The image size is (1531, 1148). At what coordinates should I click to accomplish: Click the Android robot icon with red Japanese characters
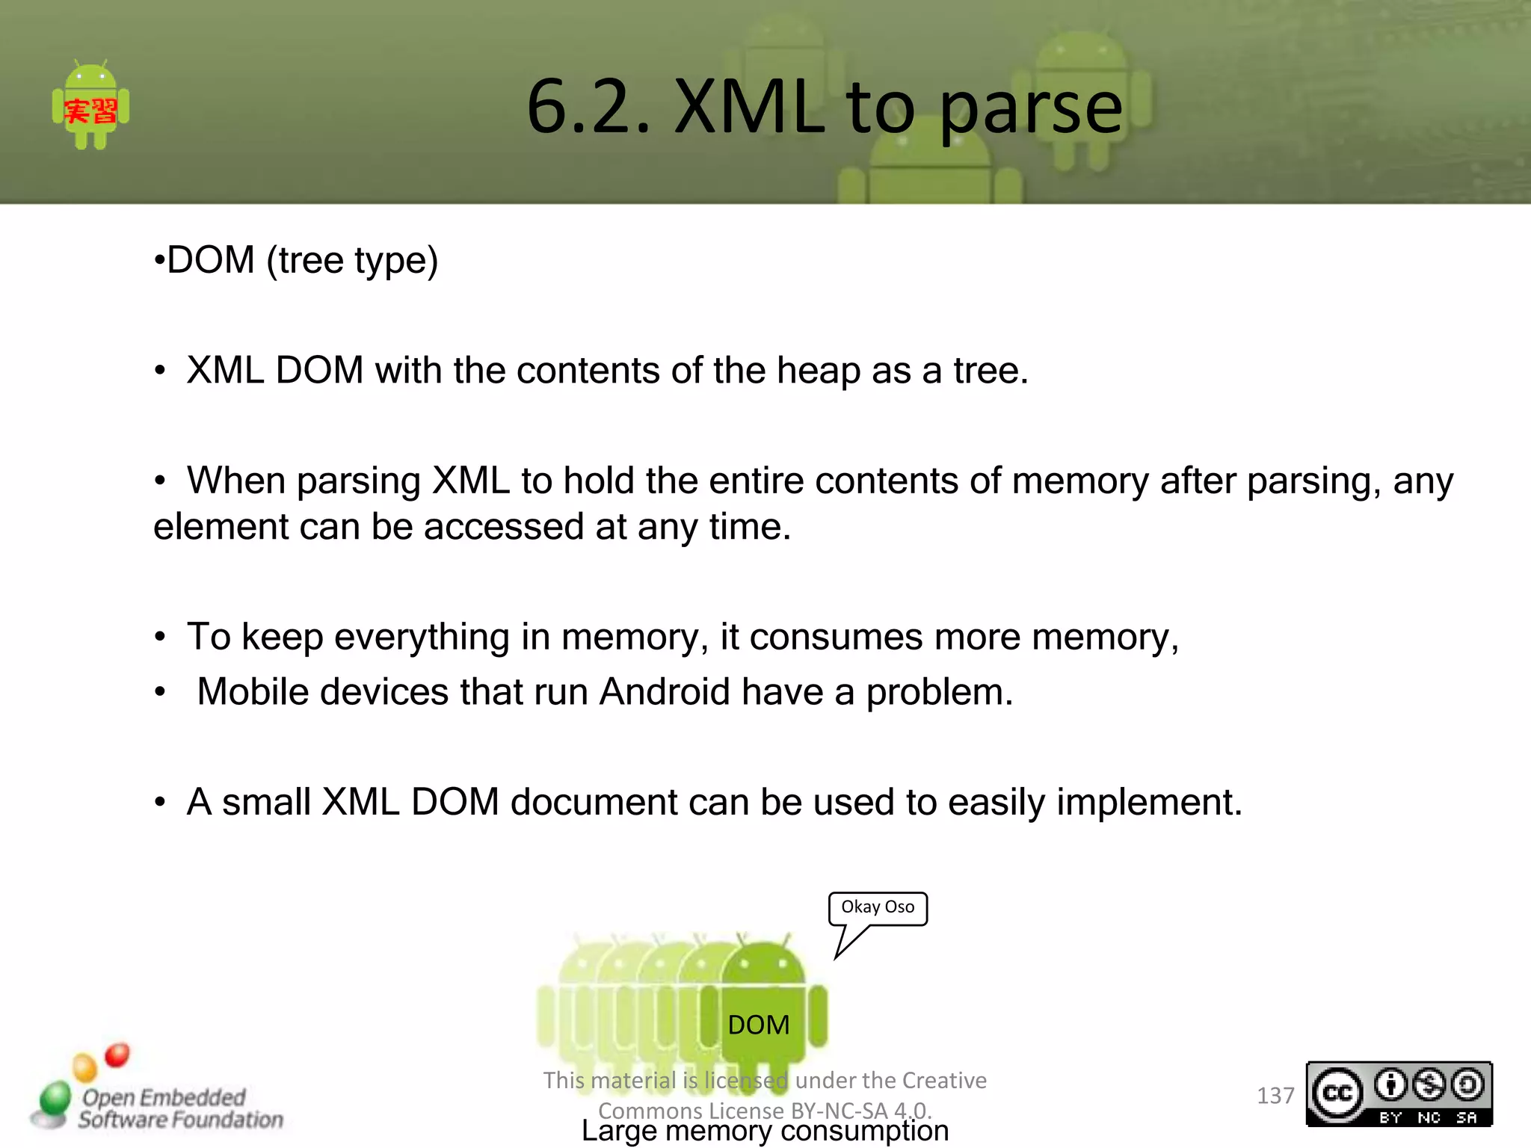tap(90, 105)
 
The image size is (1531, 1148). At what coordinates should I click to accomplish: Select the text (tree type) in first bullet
tap(352, 261)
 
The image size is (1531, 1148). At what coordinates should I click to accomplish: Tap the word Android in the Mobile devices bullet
tap(665, 692)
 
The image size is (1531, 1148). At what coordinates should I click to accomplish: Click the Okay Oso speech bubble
tap(878, 907)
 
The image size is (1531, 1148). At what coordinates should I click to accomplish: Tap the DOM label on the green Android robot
tap(758, 1025)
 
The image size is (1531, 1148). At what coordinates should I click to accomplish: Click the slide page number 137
tap(1275, 1096)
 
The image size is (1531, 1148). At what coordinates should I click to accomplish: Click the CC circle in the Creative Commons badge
tap(1337, 1094)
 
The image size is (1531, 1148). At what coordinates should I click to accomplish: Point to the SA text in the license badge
tap(1466, 1118)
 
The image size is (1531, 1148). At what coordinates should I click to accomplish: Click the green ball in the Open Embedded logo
tap(55, 1099)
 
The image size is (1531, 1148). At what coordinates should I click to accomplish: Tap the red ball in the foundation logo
tap(117, 1055)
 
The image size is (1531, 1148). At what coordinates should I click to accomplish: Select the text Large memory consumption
tap(765, 1132)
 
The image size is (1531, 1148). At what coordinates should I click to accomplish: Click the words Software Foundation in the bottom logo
tap(181, 1120)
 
